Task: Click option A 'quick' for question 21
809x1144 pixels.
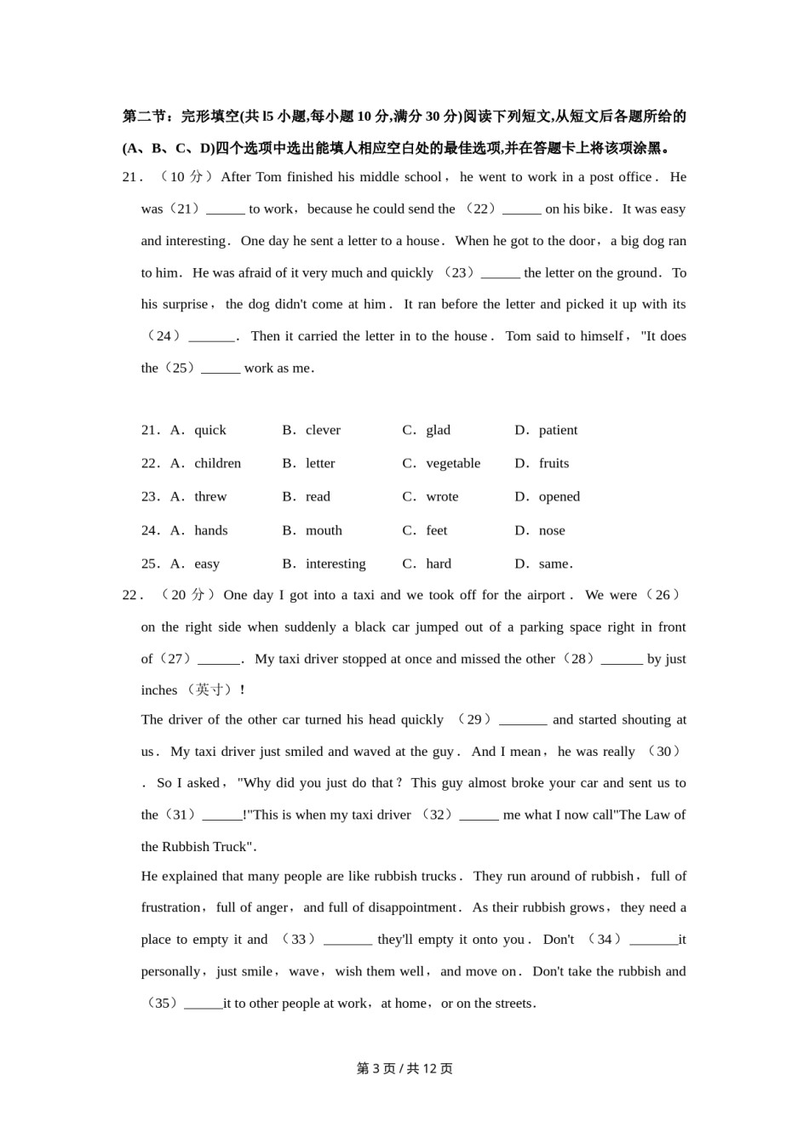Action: (x=209, y=431)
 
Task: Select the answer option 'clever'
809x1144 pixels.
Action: (x=323, y=431)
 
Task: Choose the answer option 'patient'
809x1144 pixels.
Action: (x=558, y=431)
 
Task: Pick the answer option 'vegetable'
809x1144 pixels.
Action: (x=453, y=464)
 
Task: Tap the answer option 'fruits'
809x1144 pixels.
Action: (x=554, y=464)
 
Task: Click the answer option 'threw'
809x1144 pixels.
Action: (x=210, y=497)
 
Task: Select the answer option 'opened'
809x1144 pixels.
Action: (x=559, y=497)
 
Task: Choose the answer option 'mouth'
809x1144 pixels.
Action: (x=324, y=531)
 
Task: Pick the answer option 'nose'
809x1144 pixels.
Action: (x=552, y=531)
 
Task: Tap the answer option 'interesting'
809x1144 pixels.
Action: (x=336, y=564)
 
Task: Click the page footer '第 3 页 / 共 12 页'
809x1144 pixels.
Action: (x=404, y=1069)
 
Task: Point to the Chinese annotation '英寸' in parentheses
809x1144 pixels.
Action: (x=209, y=690)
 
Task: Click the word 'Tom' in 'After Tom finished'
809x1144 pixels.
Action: (x=268, y=177)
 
